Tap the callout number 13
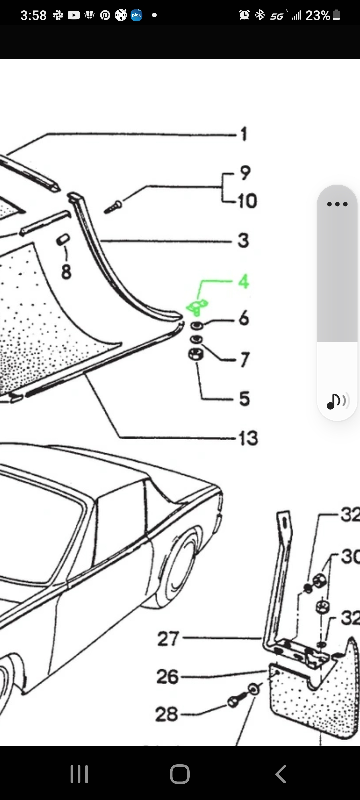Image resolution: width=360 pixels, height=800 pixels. [x=248, y=438]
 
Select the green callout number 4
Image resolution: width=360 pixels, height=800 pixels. [x=244, y=281]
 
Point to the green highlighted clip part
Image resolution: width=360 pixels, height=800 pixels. [x=197, y=307]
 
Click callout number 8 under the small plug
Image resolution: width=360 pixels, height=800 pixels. [x=66, y=271]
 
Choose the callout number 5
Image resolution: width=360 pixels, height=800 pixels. [x=244, y=398]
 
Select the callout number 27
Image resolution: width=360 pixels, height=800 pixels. [x=168, y=639]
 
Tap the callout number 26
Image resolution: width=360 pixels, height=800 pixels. [x=168, y=677]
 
